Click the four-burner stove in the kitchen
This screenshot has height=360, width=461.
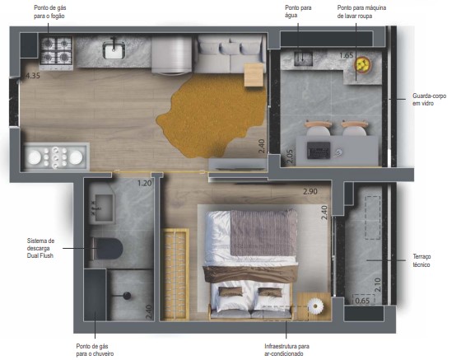(x=56, y=50)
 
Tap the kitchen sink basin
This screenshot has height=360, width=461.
(x=114, y=50)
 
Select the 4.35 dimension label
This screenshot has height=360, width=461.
(x=33, y=76)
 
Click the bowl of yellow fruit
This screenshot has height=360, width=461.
(x=362, y=64)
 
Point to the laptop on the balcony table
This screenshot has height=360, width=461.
(x=319, y=150)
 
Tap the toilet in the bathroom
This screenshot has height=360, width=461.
(x=106, y=249)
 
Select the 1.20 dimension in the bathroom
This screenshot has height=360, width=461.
(x=145, y=183)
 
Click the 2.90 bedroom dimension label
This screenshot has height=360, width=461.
(x=310, y=191)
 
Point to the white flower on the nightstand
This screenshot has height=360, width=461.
(x=315, y=306)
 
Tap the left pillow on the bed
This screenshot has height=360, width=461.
(x=230, y=292)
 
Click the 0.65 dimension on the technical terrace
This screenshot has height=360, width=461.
(x=362, y=301)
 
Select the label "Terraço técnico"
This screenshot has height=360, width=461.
(x=421, y=260)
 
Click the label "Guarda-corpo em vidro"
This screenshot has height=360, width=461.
(x=429, y=100)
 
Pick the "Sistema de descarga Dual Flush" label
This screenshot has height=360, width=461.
(x=40, y=248)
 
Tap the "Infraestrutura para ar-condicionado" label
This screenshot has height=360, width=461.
(x=286, y=350)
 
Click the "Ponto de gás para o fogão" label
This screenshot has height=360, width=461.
(x=49, y=12)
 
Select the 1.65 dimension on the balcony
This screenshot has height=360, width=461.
(x=346, y=55)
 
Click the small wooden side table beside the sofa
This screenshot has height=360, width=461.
(x=254, y=75)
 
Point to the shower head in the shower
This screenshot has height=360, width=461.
(x=127, y=296)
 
